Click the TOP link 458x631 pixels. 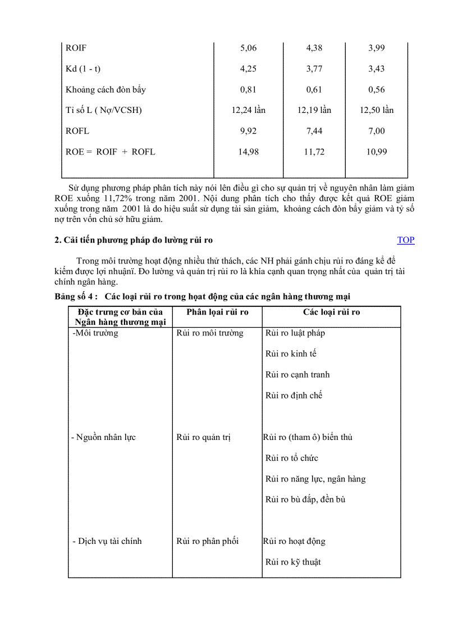tap(405, 240)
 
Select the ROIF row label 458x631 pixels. tap(76, 48)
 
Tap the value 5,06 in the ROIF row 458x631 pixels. tap(248, 48)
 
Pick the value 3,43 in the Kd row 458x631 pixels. tap(377, 69)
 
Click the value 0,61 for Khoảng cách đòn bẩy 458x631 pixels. tap(314, 89)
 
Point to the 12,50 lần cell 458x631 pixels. tap(377, 110)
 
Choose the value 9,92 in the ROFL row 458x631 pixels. tap(248, 131)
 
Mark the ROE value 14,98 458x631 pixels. tap(248, 152)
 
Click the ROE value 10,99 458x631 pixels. tap(377, 152)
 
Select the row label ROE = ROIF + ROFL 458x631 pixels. tap(111, 152)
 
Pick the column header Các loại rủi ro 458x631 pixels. tap(332, 312)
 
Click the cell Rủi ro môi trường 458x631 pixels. tap(210, 333)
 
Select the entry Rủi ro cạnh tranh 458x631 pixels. tap(297, 374)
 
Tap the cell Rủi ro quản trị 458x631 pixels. tap(203, 437)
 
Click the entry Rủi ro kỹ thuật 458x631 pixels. tap(293, 562)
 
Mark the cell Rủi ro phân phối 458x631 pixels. tap(207, 541)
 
